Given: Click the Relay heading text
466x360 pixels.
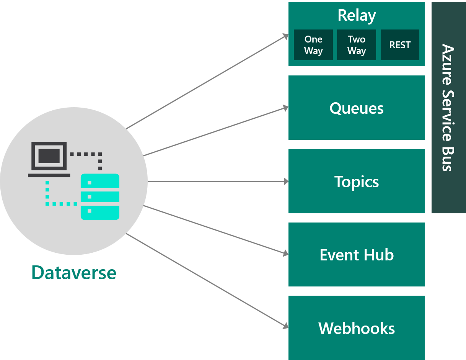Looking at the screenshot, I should tap(357, 16).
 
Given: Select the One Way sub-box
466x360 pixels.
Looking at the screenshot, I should tap(313, 45).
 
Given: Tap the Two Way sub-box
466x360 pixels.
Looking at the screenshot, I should tap(357, 45).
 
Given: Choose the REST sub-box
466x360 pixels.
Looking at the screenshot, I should tap(400, 45).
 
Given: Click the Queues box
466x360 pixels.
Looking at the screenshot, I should tap(356, 108).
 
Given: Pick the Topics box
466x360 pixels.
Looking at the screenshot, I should tap(356, 182).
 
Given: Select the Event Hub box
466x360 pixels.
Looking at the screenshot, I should tap(356, 255).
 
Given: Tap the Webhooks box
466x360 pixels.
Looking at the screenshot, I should tap(356, 328).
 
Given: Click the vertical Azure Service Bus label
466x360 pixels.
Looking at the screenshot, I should tap(448, 108).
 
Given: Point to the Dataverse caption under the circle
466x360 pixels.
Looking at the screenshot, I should tap(74, 273).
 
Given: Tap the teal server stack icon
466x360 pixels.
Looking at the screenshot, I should tap(100, 196).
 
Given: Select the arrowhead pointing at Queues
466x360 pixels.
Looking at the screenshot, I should tap(285, 108).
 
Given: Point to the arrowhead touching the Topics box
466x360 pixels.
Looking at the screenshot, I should tap(286, 182).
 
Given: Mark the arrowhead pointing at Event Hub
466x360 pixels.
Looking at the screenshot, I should tap(285, 254).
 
